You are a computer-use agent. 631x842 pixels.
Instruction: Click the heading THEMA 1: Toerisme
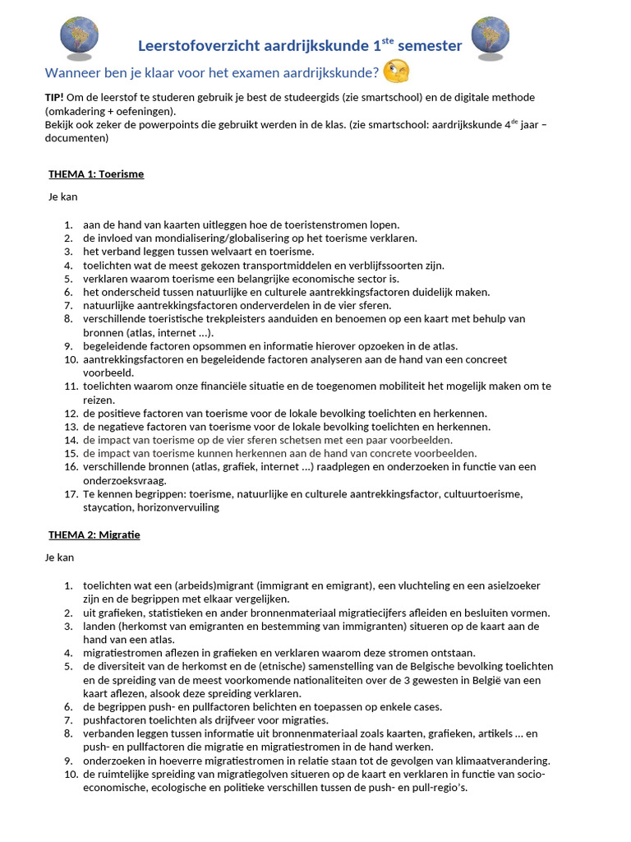tap(96, 174)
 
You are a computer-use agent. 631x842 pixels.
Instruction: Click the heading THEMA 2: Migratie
tap(94, 534)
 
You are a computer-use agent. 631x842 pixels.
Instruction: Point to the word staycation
tap(110, 507)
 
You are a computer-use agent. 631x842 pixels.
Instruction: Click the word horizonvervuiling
tap(178, 507)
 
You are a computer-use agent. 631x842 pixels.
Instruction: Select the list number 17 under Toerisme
tap(70, 494)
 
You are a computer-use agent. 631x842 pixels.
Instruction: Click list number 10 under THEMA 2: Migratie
tap(70, 774)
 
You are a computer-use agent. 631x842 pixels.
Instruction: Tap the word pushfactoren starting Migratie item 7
tap(111, 720)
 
